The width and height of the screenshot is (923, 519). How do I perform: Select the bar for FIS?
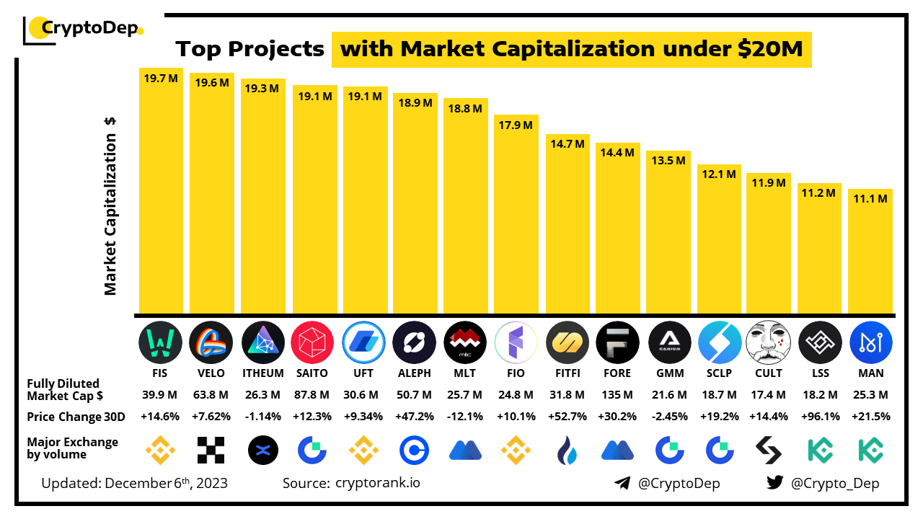[x=161, y=195]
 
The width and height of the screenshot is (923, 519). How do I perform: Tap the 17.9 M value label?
[x=516, y=125]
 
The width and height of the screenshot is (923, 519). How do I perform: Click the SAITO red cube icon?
[x=312, y=342]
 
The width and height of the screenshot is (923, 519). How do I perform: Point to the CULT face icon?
[x=768, y=342]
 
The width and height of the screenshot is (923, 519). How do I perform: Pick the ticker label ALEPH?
[x=414, y=373]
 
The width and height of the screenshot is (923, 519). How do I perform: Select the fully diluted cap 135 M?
[x=617, y=395]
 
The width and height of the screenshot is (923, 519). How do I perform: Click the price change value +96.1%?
[x=820, y=417]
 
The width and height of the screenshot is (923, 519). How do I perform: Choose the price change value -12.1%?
[x=464, y=417]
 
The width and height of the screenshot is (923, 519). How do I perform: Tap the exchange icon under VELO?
[x=211, y=450]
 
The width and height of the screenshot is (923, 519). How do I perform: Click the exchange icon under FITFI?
[x=566, y=451]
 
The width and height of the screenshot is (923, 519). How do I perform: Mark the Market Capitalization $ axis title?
[x=110, y=206]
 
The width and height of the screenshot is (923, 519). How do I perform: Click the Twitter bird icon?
[x=775, y=483]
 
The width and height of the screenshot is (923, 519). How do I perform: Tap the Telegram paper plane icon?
[x=622, y=483]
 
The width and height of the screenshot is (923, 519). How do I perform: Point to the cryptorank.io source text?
[x=377, y=483]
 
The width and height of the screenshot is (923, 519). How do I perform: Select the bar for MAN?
[x=870, y=252]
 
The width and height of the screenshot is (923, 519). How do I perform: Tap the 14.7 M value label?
[x=566, y=144]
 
